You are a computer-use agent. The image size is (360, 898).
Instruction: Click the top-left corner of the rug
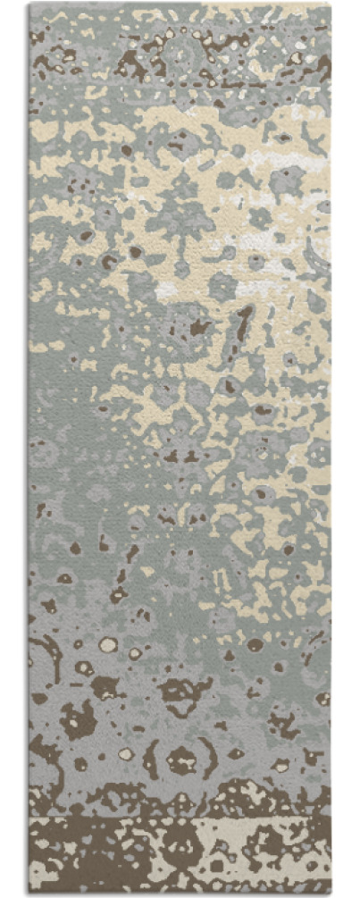(x=29, y=4)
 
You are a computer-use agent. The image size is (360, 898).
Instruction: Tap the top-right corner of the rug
(x=331, y=4)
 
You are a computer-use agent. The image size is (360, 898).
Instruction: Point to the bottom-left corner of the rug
(x=29, y=894)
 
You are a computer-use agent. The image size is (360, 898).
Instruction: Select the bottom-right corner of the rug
(x=331, y=894)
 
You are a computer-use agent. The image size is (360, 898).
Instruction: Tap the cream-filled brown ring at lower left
(x=108, y=644)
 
